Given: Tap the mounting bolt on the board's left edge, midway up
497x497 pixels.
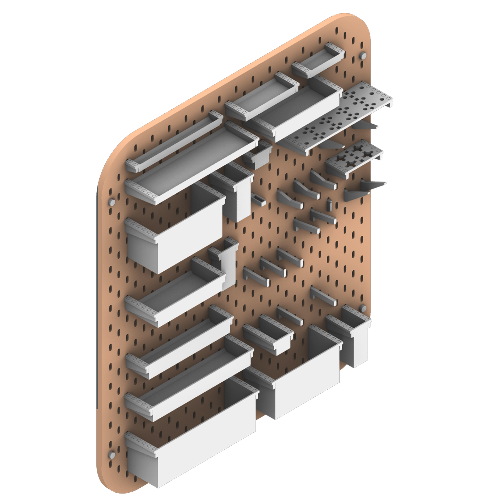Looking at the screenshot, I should (112, 202).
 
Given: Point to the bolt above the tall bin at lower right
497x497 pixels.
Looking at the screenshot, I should (363, 308).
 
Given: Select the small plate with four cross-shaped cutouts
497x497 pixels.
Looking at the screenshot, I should (355, 159).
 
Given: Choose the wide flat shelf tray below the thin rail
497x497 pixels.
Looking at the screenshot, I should (192, 166).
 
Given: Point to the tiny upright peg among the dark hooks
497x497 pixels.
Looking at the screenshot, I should (330, 203).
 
